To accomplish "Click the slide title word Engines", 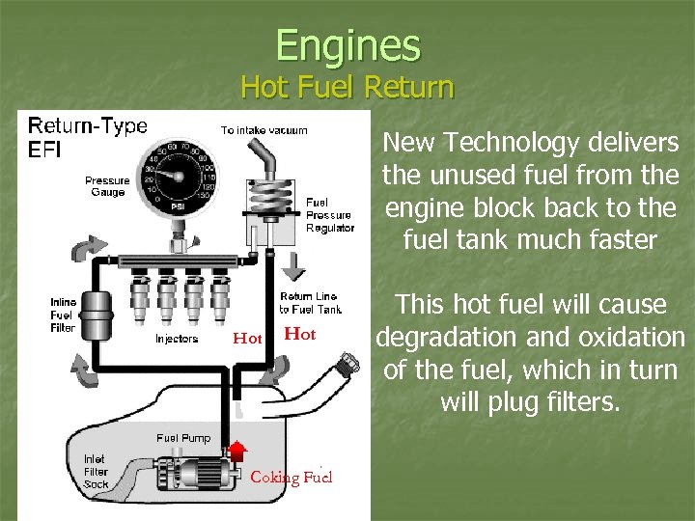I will click(347, 44).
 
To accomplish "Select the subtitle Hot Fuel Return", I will click(347, 88).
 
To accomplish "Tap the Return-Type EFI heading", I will click(87, 138).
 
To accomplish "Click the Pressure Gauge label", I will click(107, 186).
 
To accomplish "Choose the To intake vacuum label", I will click(264, 130).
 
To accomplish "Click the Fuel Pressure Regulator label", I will click(328, 215).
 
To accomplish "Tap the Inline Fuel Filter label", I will click(63, 315).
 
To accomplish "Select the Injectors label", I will click(177, 339).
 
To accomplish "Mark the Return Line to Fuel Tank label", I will click(310, 303).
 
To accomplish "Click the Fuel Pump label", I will click(183, 438).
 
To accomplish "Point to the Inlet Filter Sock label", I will click(96, 471).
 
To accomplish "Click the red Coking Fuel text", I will click(291, 478).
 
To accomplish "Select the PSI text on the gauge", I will click(178, 206).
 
